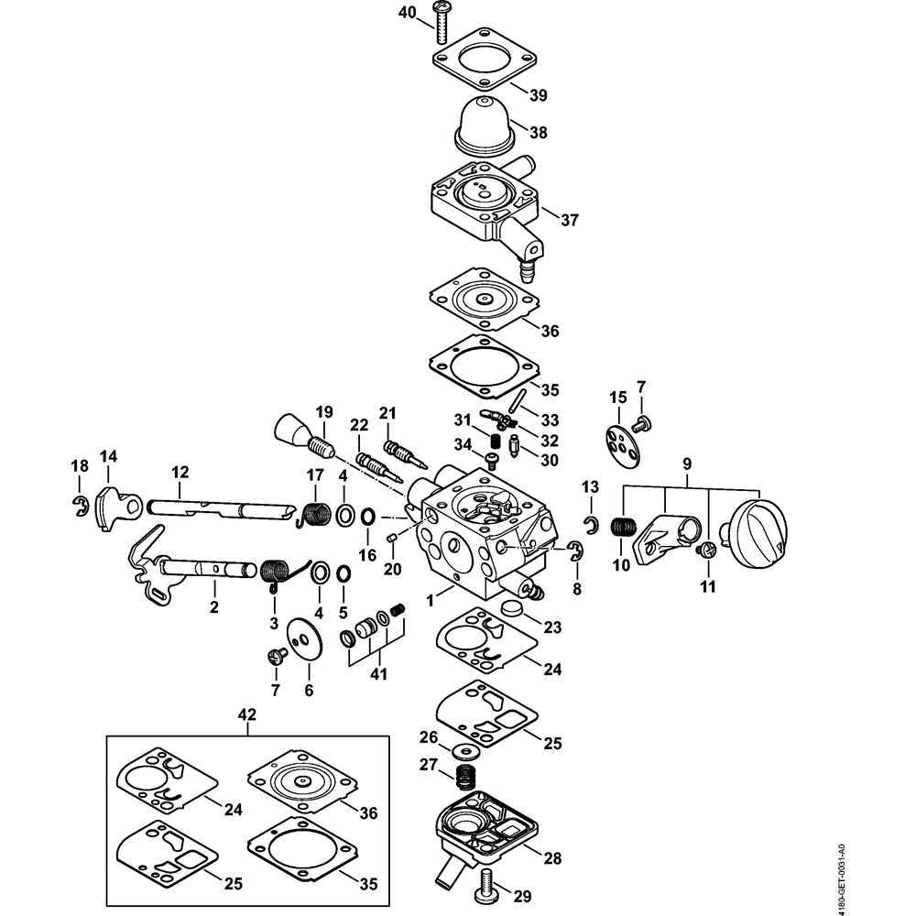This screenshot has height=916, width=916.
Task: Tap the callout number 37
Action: point(571,221)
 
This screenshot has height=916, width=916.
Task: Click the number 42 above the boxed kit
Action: point(246,714)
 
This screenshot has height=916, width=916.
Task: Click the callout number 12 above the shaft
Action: point(180,473)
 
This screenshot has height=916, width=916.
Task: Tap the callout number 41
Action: point(378,674)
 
